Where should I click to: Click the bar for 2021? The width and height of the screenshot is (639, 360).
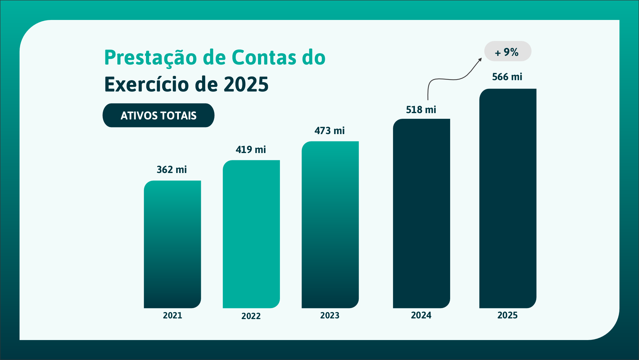pos(172,244)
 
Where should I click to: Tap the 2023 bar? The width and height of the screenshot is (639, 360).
pos(330,225)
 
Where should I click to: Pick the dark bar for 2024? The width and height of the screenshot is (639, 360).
pos(421,213)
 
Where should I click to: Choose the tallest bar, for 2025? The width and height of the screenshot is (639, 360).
pos(507,198)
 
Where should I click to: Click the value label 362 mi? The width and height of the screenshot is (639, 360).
pos(172,170)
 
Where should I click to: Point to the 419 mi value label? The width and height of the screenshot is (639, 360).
pos(251,150)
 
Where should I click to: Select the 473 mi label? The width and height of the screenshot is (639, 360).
pos(329,131)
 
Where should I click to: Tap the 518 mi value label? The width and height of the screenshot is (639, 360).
pos(421,110)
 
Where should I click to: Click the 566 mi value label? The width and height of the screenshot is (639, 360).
pos(507,77)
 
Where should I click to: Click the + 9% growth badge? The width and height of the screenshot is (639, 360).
pos(507,52)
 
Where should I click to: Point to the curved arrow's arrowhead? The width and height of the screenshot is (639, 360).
pos(480,60)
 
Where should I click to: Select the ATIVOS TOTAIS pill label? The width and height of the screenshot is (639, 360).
pos(158,115)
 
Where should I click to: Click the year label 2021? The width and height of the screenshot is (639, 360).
pos(172,315)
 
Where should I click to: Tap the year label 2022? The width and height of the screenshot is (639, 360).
pos(251,316)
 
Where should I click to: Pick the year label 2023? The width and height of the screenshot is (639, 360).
pos(330,315)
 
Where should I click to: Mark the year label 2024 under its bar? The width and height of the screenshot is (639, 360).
pos(421,315)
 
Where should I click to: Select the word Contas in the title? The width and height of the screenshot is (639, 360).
pos(264,58)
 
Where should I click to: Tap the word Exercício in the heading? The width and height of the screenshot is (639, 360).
pos(147,85)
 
